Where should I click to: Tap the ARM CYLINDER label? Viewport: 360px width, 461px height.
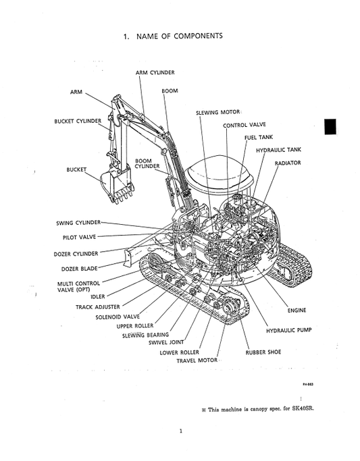(155, 72)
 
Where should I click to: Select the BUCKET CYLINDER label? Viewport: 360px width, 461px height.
(78, 121)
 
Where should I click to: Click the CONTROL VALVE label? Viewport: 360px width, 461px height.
(244, 125)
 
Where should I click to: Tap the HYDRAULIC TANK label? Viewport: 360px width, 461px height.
(278, 149)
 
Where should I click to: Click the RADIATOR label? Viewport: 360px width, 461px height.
(288, 163)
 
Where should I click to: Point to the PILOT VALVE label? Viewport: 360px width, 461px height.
(79, 238)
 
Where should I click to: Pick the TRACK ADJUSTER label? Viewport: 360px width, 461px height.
(98, 306)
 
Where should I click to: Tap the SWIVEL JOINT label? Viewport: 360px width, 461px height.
(168, 342)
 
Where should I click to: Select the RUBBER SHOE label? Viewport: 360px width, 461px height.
(263, 352)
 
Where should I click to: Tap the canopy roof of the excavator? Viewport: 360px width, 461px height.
(221, 173)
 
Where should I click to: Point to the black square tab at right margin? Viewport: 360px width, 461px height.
(330, 126)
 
